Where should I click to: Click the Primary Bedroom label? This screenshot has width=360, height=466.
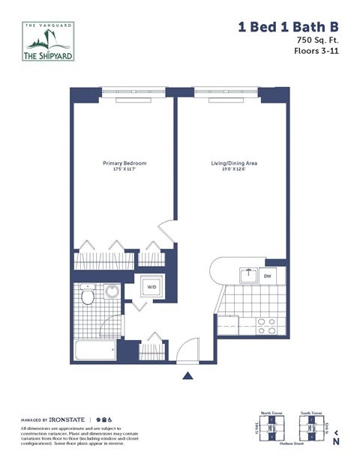pos(124,163)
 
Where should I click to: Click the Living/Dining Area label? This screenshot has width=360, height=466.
pos(234,163)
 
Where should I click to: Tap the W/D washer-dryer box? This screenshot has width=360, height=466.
pos(151,287)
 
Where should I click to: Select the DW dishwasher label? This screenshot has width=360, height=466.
pos(268,276)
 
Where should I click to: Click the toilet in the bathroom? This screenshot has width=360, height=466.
pos(88,297)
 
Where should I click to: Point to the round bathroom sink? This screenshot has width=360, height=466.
pos(112,293)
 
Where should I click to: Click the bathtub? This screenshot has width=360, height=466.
pos(95,350)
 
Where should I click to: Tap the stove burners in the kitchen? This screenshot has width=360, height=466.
pos(266,325)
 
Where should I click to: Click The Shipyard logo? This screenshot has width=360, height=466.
pos(47,43)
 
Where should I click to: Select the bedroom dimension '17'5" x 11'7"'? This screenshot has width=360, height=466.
pos(124,170)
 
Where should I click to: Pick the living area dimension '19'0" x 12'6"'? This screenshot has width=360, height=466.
pos(234,170)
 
